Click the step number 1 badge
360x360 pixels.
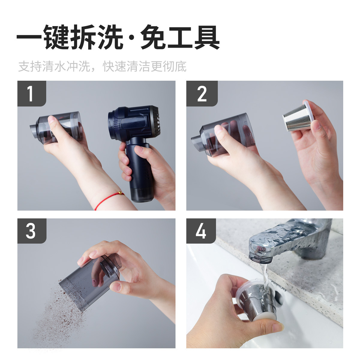[x=32, y=93]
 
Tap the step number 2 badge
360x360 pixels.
[x=202, y=93]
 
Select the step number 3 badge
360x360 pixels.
[x=32, y=231]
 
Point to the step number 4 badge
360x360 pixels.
[x=201, y=231]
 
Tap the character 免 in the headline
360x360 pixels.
[x=153, y=37]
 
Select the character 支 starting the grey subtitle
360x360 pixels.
[x=24, y=66]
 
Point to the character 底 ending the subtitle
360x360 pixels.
[x=181, y=66]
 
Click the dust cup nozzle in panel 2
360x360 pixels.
[x=196, y=142]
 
